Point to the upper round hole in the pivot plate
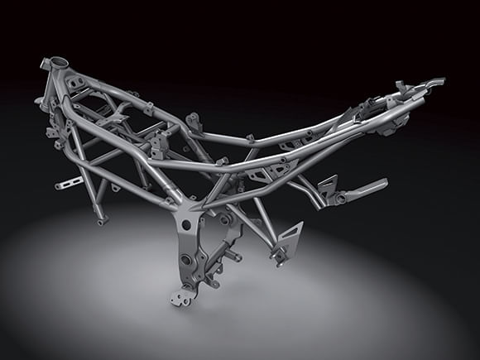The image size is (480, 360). pyautogui.click(x=186, y=224)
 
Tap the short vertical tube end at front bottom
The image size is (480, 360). pyautogui.click(x=101, y=220)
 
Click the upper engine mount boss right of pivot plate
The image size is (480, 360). pyautogui.click(x=224, y=221)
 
